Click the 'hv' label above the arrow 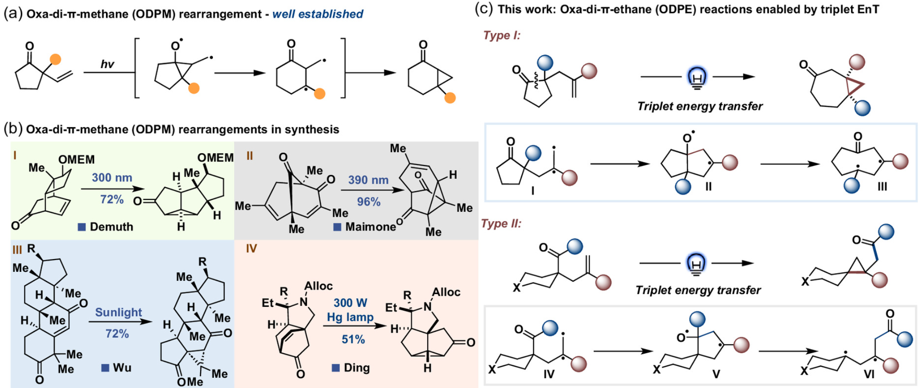[x=107, y=64]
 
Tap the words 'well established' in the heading [x=318, y=14]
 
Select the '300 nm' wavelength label [x=112, y=178]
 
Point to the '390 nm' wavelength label [x=368, y=180]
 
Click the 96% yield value [x=368, y=202]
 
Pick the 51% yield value [x=353, y=339]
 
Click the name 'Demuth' [x=111, y=227]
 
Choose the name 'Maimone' [x=370, y=227]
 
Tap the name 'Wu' [x=122, y=368]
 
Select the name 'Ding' [x=356, y=368]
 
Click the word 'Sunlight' [x=118, y=313]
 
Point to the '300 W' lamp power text [x=350, y=303]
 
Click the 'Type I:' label [x=502, y=35]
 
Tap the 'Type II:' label [x=501, y=224]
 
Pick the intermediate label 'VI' [x=869, y=375]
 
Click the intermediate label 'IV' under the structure [x=548, y=375]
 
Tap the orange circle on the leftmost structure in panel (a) [x=55, y=60]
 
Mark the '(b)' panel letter [x=13, y=129]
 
